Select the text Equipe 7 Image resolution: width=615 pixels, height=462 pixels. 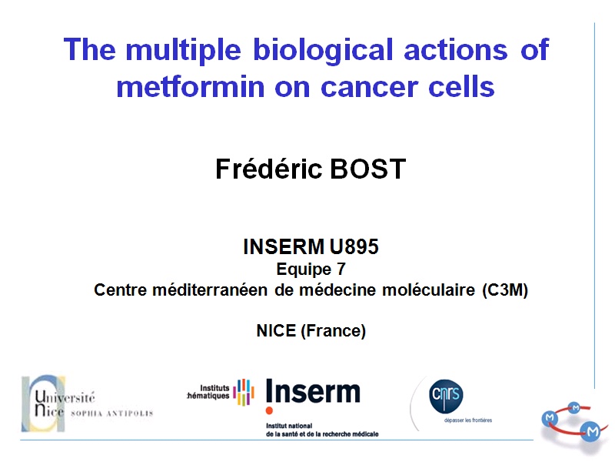pos(311,269)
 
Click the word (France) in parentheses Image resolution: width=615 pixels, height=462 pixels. pos(332,332)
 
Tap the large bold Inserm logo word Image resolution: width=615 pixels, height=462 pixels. pos(312,393)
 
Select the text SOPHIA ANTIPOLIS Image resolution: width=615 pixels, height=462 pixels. pos(111,413)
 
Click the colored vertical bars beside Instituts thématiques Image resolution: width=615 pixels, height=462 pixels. pos(244,391)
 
